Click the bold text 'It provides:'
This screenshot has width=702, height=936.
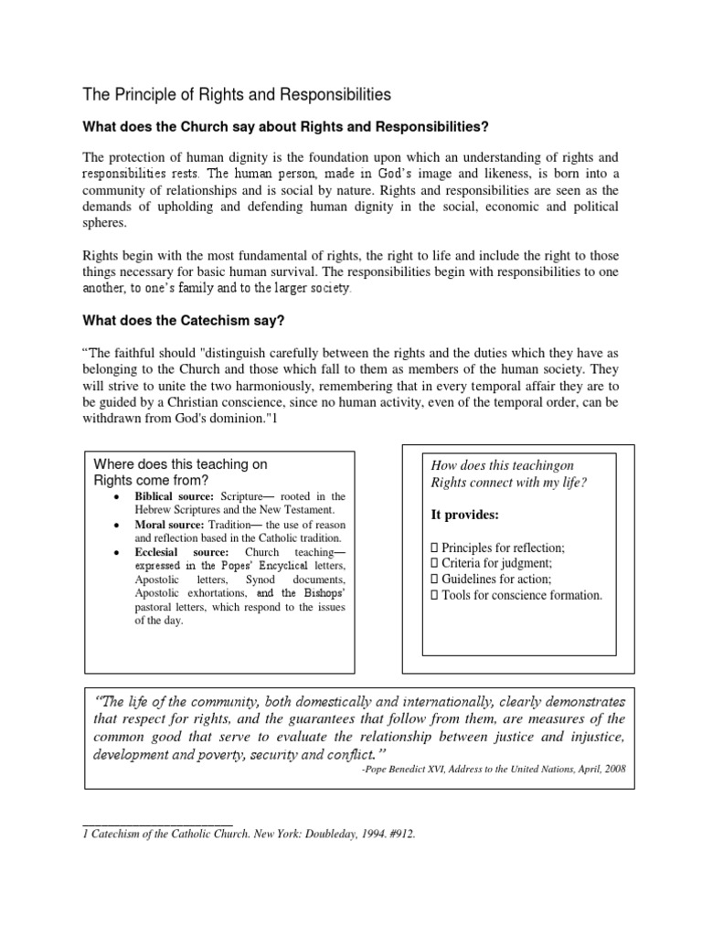465,515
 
